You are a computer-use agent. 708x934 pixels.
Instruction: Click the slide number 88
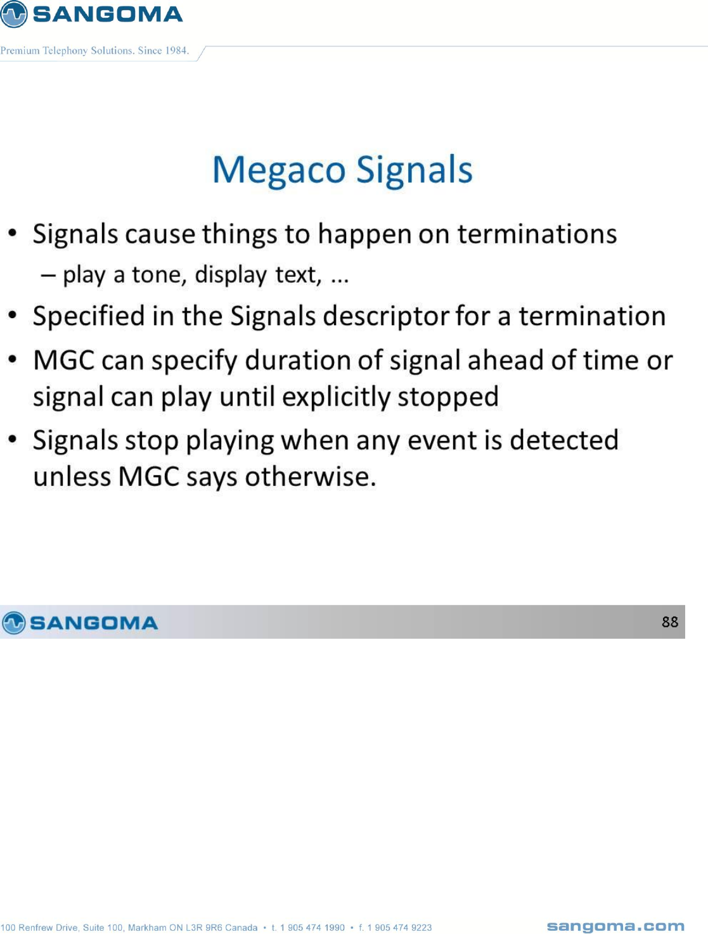(x=670, y=622)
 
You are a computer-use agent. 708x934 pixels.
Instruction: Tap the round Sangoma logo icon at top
(x=13, y=14)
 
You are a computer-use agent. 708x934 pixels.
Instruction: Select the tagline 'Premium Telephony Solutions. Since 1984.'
(x=94, y=51)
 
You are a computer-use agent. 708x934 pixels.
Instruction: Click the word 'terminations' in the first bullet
(x=537, y=234)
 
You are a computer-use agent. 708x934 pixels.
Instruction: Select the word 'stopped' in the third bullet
(x=448, y=397)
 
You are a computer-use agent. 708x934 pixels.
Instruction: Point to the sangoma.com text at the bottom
(x=615, y=926)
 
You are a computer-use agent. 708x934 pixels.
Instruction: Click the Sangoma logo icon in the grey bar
(x=13, y=623)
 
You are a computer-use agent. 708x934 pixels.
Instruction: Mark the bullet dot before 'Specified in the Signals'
(x=13, y=316)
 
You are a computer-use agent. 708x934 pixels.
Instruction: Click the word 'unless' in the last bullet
(x=72, y=477)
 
